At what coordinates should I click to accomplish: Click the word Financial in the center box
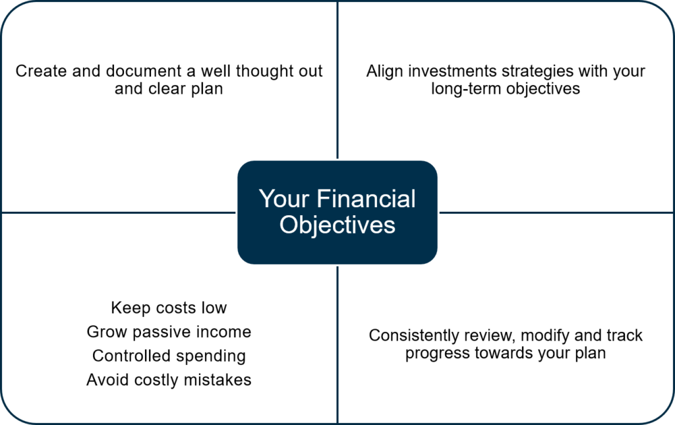pyautogui.click(x=367, y=199)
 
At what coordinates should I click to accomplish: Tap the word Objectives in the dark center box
pyautogui.click(x=337, y=225)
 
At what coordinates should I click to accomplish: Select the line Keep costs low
pyautogui.click(x=169, y=308)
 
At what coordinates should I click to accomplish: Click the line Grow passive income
pyautogui.click(x=169, y=332)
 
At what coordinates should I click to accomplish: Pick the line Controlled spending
pyautogui.click(x=169, y=356)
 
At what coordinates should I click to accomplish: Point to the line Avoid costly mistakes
pyautogui.click(x=169, y=380)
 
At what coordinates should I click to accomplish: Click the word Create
pyautogui.click(x=42, y=71)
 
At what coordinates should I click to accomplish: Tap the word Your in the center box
pyautogui.click(x=284, y=199)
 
